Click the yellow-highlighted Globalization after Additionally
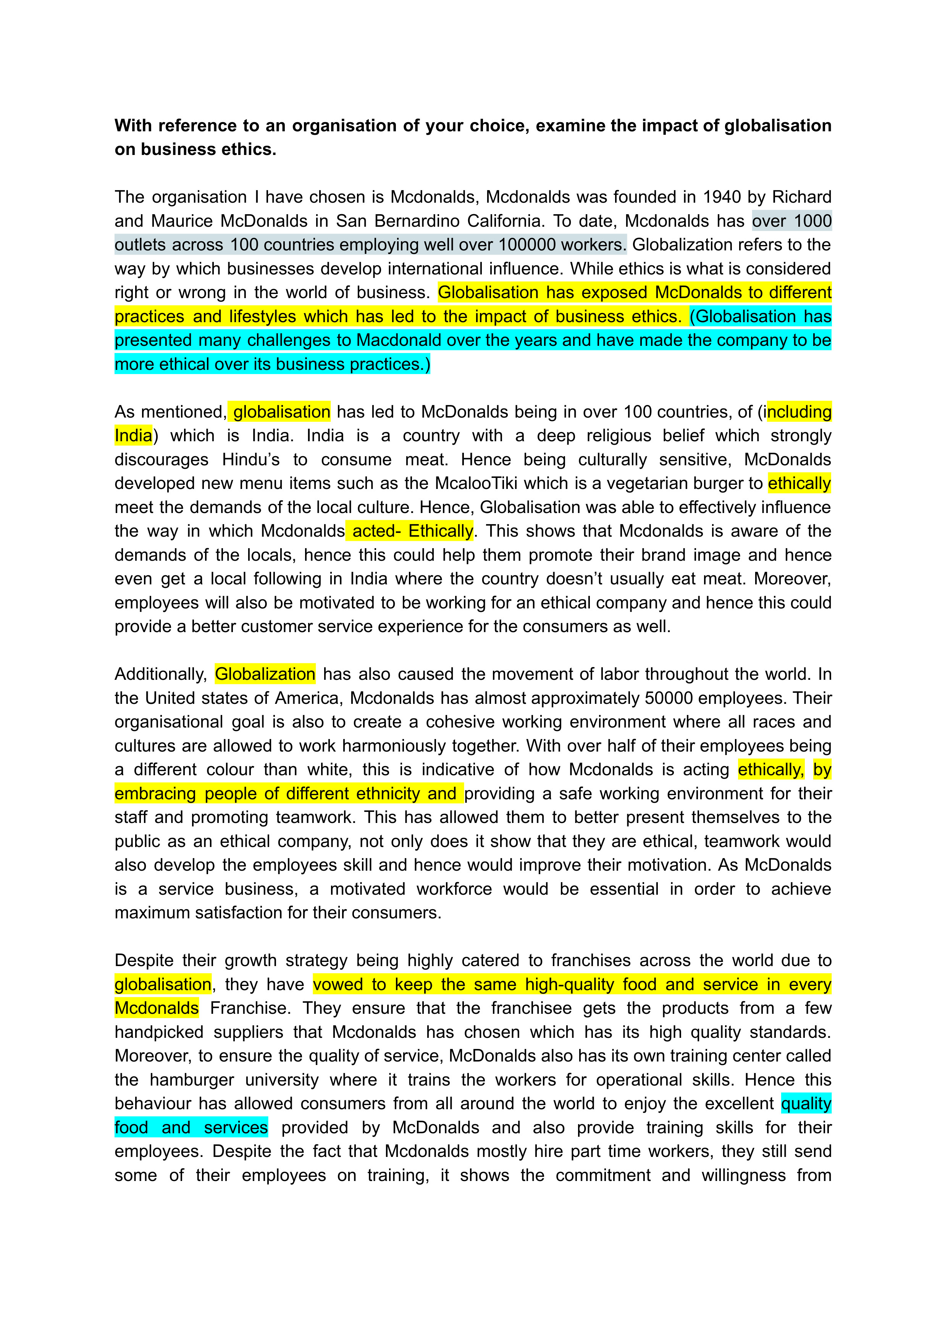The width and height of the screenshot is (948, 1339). [265, 674]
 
